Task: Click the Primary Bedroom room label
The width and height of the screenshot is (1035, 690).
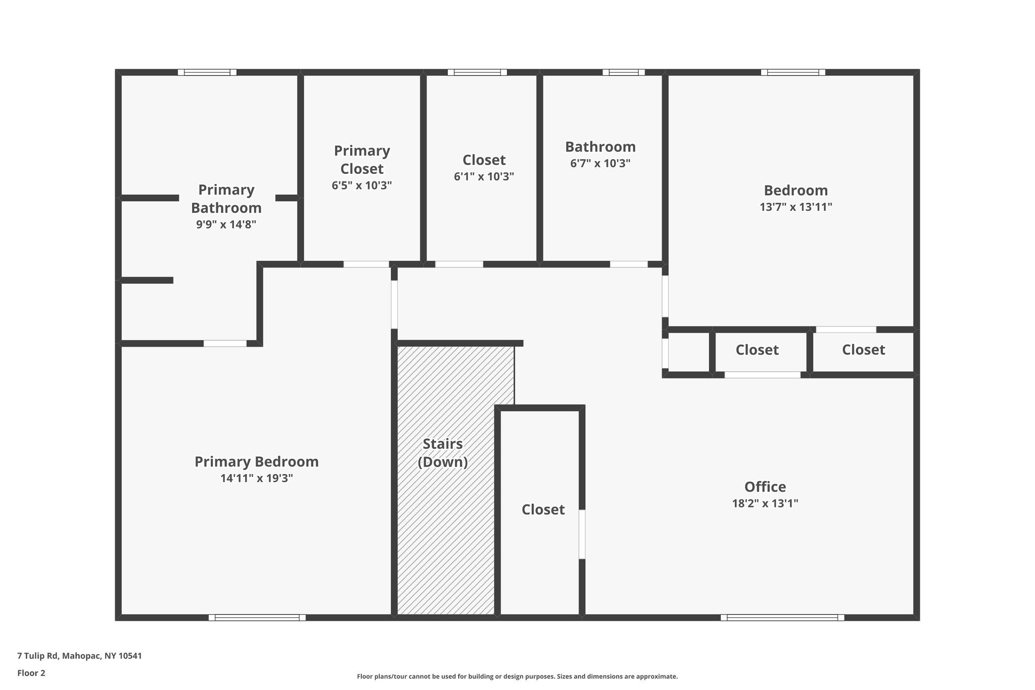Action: click(x=256, y=462)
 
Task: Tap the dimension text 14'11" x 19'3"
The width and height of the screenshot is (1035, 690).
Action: click(x=256, y=478)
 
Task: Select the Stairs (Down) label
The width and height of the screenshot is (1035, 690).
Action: click(x=443, y=453)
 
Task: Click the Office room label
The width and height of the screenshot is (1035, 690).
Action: click(x=765, y=487)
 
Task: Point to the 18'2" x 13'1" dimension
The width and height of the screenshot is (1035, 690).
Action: click(x=765, y=503)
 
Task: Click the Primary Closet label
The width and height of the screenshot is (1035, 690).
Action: click(x=362, y=160)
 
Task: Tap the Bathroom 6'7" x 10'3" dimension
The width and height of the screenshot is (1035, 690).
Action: click(x=600, y=163)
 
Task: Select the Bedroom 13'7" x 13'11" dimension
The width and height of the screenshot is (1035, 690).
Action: click(x=795, y=207)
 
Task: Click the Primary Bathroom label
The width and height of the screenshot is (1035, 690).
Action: click(x=226, y=199)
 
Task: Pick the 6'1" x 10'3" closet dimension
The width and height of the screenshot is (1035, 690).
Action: click(x=484, y=176)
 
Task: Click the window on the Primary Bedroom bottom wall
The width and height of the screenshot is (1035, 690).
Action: click(x=257, y=617)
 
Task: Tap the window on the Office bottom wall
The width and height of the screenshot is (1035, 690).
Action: click(x=782, y=617)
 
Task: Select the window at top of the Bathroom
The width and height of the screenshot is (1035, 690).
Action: click(x=623, y=72)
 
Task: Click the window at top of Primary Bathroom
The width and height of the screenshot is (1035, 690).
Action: click(x=207, y=72)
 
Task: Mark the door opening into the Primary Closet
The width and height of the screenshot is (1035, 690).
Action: click(x=366, y=264)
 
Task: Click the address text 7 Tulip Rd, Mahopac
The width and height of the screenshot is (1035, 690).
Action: click(x=79, y=656)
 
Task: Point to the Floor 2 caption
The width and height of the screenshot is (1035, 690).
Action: click(x=31, y=673)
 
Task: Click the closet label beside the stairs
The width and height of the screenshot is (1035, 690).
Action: click(x=543, y=510)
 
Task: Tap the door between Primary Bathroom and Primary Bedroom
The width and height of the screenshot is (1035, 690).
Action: click(x=225, y=343)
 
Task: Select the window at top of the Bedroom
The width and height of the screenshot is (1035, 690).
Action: click(x=793, y=72)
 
